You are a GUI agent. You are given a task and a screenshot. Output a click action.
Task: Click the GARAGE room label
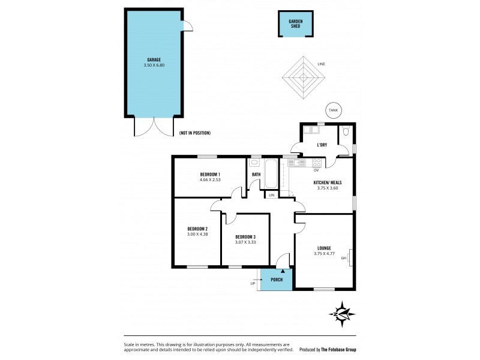click(154, 59)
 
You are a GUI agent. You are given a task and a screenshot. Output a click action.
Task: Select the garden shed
click(295, 25)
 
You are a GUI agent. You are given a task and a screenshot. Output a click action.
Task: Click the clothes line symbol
click(304, 77)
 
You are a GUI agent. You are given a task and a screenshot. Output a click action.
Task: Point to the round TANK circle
click(332, 110)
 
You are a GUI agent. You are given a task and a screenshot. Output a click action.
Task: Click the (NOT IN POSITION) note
click(195, 133)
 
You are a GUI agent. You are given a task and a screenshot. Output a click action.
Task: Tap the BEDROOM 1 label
click(210, 174)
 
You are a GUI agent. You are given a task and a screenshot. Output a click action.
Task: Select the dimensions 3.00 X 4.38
click(197, 235)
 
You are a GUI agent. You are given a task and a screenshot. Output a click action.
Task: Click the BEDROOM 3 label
click(245, 236)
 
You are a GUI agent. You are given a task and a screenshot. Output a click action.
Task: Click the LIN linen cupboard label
click(271, 196)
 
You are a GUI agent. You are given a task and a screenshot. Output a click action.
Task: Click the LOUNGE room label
click(325, 247)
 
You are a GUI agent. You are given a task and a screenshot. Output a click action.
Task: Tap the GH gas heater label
click(344, 259)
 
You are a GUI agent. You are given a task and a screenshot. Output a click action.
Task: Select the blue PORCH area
click(277, 280)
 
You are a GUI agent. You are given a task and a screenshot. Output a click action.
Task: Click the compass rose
click(341, 314)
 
